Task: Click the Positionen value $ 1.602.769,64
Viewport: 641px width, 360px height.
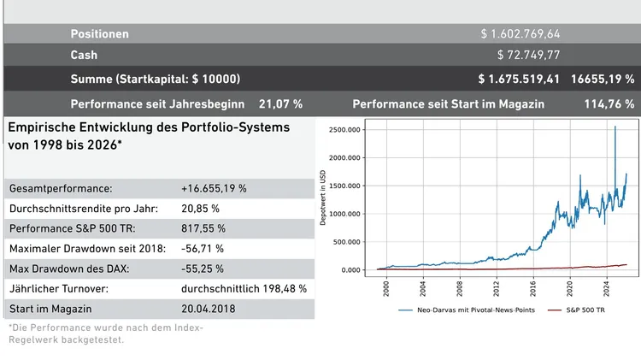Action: (520, 34)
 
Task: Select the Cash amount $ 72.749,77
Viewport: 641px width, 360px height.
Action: (528, 56)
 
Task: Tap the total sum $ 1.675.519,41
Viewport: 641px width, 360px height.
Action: (519, 79)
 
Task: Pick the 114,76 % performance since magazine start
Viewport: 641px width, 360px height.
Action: (608, 104)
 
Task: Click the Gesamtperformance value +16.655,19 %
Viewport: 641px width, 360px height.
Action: (214, 188)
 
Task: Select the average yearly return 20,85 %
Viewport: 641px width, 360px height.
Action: (200, 209)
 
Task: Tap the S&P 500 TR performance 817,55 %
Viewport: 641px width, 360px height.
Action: (203, 228)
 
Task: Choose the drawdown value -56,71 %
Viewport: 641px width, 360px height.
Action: (203, 249)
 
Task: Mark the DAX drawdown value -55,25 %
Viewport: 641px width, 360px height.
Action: (203, 269)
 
